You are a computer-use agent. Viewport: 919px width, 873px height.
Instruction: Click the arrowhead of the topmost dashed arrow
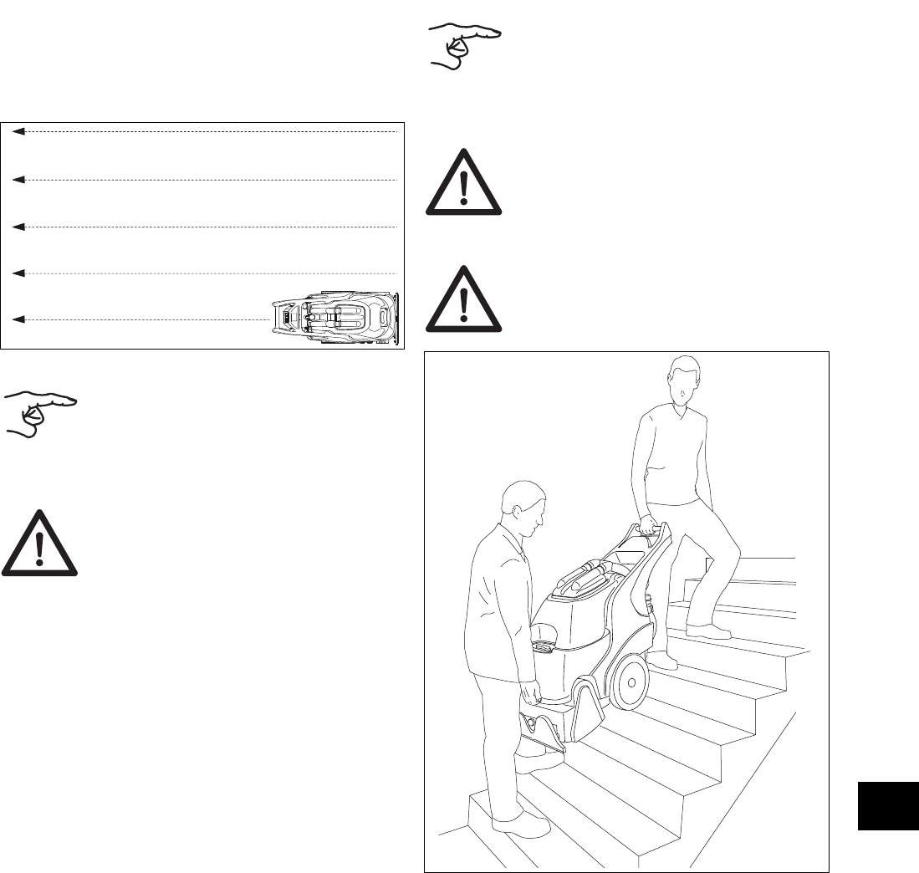click(18, 132)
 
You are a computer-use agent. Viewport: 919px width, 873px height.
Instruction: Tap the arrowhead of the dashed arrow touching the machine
click(18, 319)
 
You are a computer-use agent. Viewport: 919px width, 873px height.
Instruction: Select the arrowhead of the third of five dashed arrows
click(18, 227)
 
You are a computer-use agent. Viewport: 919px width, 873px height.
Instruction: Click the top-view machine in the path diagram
click(335, 319)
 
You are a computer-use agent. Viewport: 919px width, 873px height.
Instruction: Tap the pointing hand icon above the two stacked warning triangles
click(465, 47)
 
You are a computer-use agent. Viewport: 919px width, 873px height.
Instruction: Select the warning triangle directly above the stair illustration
click(464, 300)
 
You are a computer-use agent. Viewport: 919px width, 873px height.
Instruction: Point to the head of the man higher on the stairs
click(682, 381)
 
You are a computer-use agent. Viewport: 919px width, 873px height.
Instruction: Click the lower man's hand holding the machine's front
click(530, 693)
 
